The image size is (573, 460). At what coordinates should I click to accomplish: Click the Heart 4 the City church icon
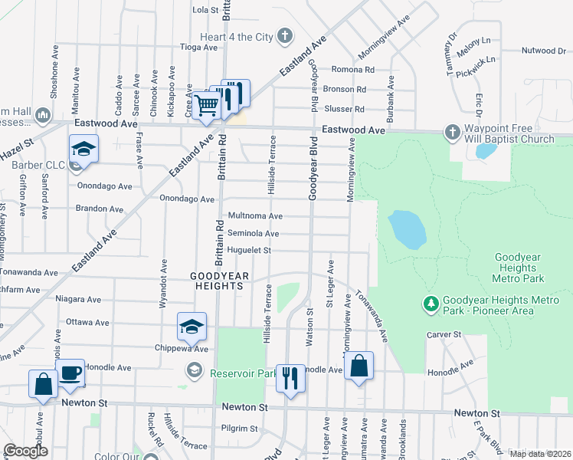(285, 35)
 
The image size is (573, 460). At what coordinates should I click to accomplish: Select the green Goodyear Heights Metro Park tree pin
(431, 304)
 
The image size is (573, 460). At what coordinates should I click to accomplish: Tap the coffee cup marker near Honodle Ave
(71, 373)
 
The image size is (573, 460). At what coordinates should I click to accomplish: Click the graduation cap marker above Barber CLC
(84, 148)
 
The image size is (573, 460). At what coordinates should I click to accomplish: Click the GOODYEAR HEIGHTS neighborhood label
(216, 281)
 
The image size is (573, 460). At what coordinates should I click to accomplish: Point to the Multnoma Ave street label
(256, 216)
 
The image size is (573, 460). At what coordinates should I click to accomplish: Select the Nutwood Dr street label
(543, 51)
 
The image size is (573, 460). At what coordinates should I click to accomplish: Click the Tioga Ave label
(199, 47)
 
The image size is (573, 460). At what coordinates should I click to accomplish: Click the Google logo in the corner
(25, 451)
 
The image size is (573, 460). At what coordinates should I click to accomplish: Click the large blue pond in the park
(406, 230)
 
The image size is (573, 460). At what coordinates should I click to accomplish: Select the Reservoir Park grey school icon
(195, 372)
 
